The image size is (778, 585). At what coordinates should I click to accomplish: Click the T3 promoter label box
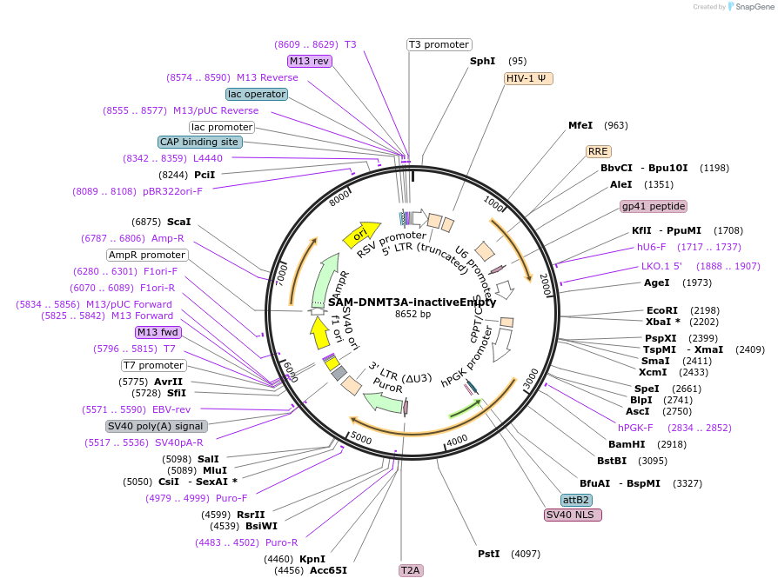point(439,44)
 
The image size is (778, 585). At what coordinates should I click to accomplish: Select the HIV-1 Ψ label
point(528,78)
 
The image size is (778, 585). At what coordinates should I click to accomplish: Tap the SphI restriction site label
point(482,61)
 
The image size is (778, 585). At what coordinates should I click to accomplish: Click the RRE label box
point(598,151)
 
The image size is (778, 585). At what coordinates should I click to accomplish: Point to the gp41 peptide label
point(654,206)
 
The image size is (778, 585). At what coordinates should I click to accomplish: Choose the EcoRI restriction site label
point(661,310)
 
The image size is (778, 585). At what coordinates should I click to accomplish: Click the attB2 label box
point(576,500)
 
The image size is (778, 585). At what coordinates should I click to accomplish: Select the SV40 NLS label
point(573,515)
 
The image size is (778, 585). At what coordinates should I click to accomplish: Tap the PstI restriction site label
point(488,554)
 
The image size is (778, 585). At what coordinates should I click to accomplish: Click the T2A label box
point(410,570)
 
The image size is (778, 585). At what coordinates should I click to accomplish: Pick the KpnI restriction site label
point(312,559)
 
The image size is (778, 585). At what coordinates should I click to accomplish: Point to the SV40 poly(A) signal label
point(157,426)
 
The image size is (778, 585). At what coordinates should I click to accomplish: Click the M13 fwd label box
point(158,332)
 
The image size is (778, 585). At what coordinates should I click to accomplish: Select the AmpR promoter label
point(147,255)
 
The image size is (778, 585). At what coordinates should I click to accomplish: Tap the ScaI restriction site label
point(178,222)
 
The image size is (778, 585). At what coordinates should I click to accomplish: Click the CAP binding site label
point(198,142)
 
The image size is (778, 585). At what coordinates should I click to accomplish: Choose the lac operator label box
point(256,94)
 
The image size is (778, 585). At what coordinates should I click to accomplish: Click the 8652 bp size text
point(412,314)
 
